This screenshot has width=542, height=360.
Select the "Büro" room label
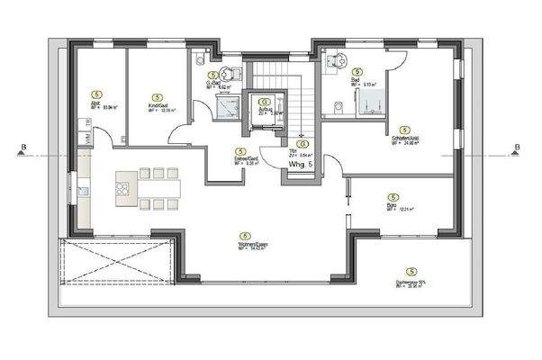click(392, 205)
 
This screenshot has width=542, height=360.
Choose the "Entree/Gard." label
click(240, 160)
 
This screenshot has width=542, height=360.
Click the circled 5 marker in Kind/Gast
click(157, 94)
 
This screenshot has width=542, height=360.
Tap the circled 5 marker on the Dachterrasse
click(411, 271)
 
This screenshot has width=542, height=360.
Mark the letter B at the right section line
click(517, 148)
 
